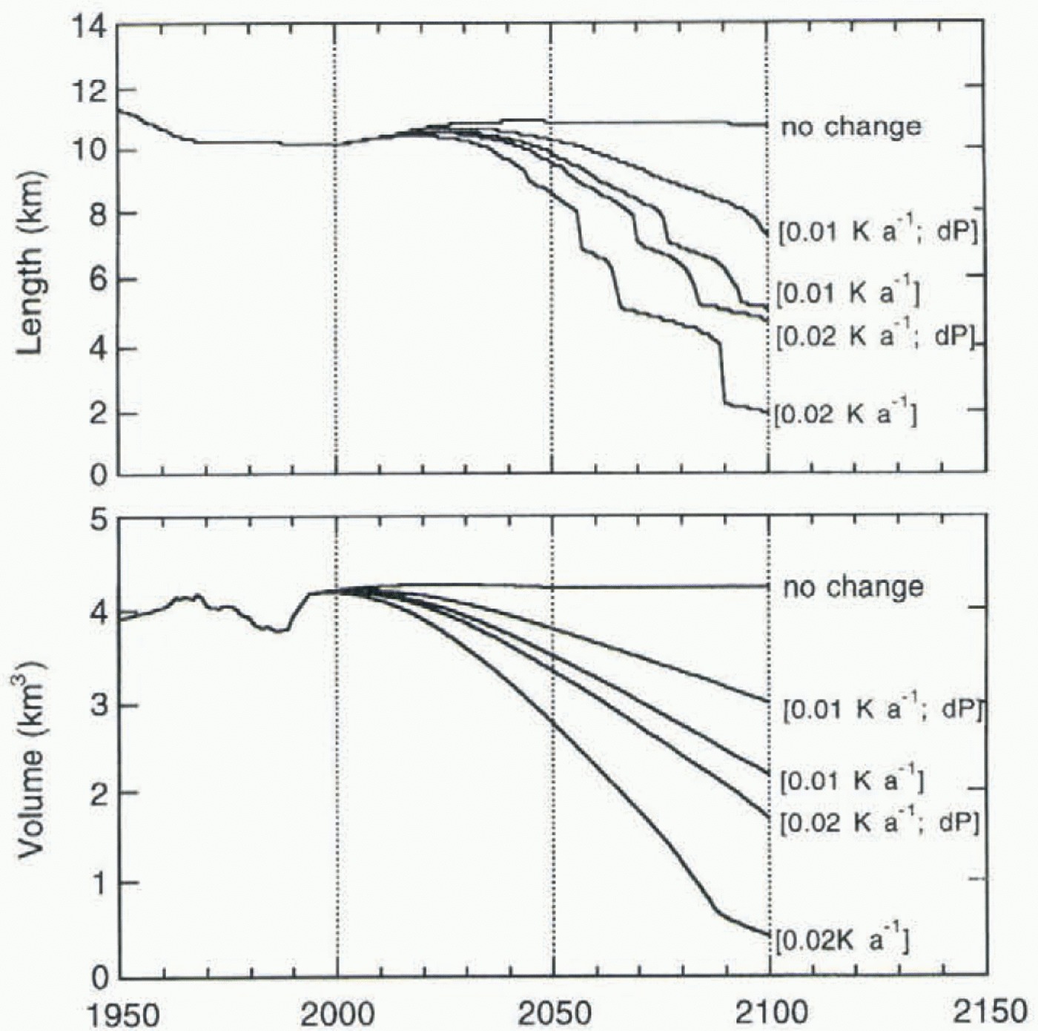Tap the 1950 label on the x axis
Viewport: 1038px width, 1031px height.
(x=123, y=1012)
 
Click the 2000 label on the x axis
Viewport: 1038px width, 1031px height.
(x=337, y=1012)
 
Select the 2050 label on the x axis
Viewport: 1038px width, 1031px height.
(x=553, y=1012)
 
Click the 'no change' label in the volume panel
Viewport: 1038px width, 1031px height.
(x=853, y=587)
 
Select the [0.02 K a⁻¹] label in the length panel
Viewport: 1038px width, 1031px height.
(x=845, y=412)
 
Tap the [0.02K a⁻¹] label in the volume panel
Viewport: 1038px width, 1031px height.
(x=842, y=941)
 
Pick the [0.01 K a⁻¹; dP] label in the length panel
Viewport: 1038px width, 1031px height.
(x=878, y=231)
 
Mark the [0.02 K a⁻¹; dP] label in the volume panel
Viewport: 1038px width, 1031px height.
(x=879, y=822)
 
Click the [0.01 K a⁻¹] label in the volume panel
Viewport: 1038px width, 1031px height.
(x=852, y=780)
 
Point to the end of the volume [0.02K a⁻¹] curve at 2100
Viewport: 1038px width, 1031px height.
(x=769, y=935)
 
